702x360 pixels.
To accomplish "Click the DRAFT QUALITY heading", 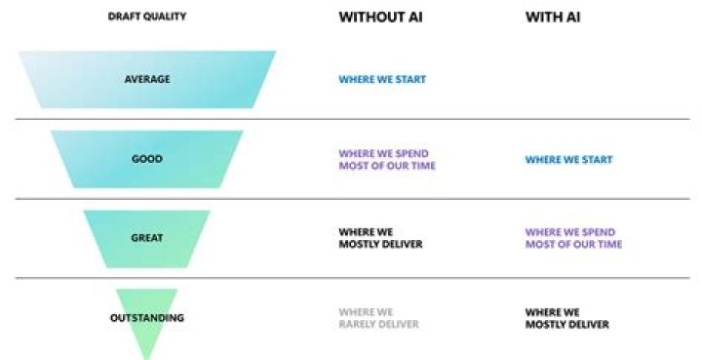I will (x=146, y=17).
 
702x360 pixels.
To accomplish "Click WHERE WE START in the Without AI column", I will (x=382, y=80).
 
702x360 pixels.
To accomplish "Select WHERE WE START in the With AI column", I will (x=568, y=159).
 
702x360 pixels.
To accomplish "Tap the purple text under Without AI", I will (x=387, y=159).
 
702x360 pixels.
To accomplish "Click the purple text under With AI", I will (x=573, y=238).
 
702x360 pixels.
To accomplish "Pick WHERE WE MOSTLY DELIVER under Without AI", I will (x=380, y=238).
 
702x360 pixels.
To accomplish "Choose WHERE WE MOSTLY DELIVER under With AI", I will (x=566, y=318).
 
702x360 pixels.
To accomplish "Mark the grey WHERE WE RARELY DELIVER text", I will (x=378, y=318).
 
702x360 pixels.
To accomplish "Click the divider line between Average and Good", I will (x=351, y=119).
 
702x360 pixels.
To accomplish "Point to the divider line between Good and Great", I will (x=351, y=199).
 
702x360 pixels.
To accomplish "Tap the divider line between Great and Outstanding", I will (x=351, y=278).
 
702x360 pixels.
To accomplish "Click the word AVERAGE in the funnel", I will (x=146, y=80).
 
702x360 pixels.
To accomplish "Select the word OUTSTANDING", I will (x=146, y=318).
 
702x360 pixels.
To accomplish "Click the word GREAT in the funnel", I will (x=146, y=238).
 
